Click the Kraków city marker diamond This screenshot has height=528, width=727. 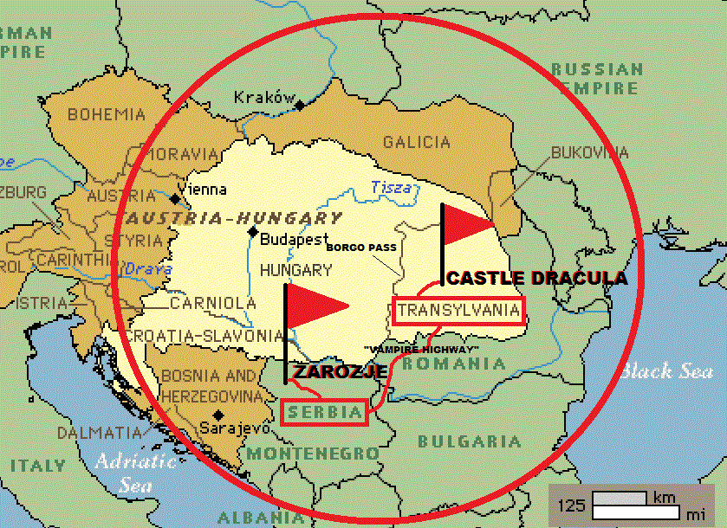click(299, 106)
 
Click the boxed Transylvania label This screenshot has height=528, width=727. click(458, 310)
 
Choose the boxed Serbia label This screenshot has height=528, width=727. click(324, 413)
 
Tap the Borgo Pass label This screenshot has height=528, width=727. click(361, 248)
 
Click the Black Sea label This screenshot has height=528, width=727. click(666, 370)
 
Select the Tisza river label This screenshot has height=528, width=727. click(392, 187)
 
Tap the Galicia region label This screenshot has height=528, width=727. click(417, 143)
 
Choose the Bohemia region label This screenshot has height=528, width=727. click(107, 114)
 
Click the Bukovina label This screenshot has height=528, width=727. click(589, 153)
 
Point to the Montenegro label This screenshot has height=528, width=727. click(313, 453)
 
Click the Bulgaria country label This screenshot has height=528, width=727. click(470, 441)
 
